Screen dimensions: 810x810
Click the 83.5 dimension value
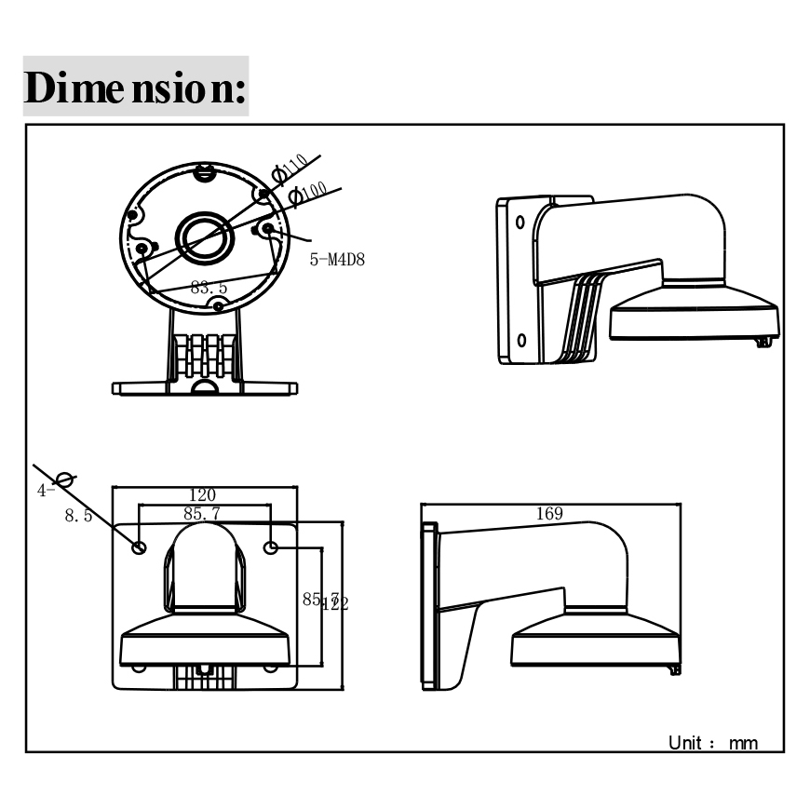209,288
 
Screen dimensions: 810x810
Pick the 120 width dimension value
203,495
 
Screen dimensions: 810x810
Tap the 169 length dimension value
549,513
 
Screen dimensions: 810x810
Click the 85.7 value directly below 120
202,512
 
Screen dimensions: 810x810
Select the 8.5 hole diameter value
78,515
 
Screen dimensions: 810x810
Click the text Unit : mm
713,742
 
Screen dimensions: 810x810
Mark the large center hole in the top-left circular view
204,237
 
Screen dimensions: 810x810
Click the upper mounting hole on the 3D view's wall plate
520,223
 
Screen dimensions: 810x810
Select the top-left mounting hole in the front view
139,547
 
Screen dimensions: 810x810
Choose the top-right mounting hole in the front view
271,547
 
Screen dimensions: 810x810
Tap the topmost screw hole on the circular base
204,171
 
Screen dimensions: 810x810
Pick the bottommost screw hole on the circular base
217,304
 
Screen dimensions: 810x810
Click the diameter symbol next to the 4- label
64,479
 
